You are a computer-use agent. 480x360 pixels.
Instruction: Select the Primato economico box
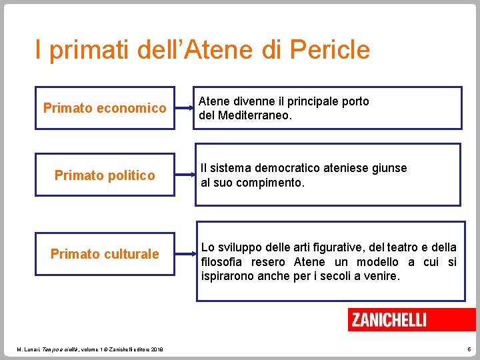coord(105,108)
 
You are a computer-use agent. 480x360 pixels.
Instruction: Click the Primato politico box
coord(105,175)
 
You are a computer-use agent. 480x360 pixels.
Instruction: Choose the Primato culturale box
coord(105,254)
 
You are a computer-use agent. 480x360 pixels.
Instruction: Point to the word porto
coord(354,101)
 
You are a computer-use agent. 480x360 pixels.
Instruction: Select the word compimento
coord(271,182)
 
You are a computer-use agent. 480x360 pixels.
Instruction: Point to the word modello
coord(379,262)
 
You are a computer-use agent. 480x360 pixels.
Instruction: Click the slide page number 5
coord(469,349)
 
